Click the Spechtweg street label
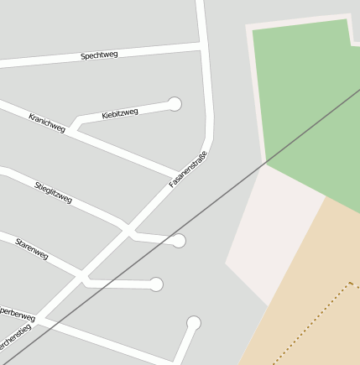click(99, 55)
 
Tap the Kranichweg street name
click(47, 123)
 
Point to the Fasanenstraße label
click(187, 169)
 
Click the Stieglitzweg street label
click(54, 192)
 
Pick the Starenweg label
click(32, 249)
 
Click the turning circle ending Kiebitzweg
click(175, 104)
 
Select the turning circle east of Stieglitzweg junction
click(178, 241)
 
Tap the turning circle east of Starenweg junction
click(156, 284)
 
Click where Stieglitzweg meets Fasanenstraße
click(128, 229)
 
